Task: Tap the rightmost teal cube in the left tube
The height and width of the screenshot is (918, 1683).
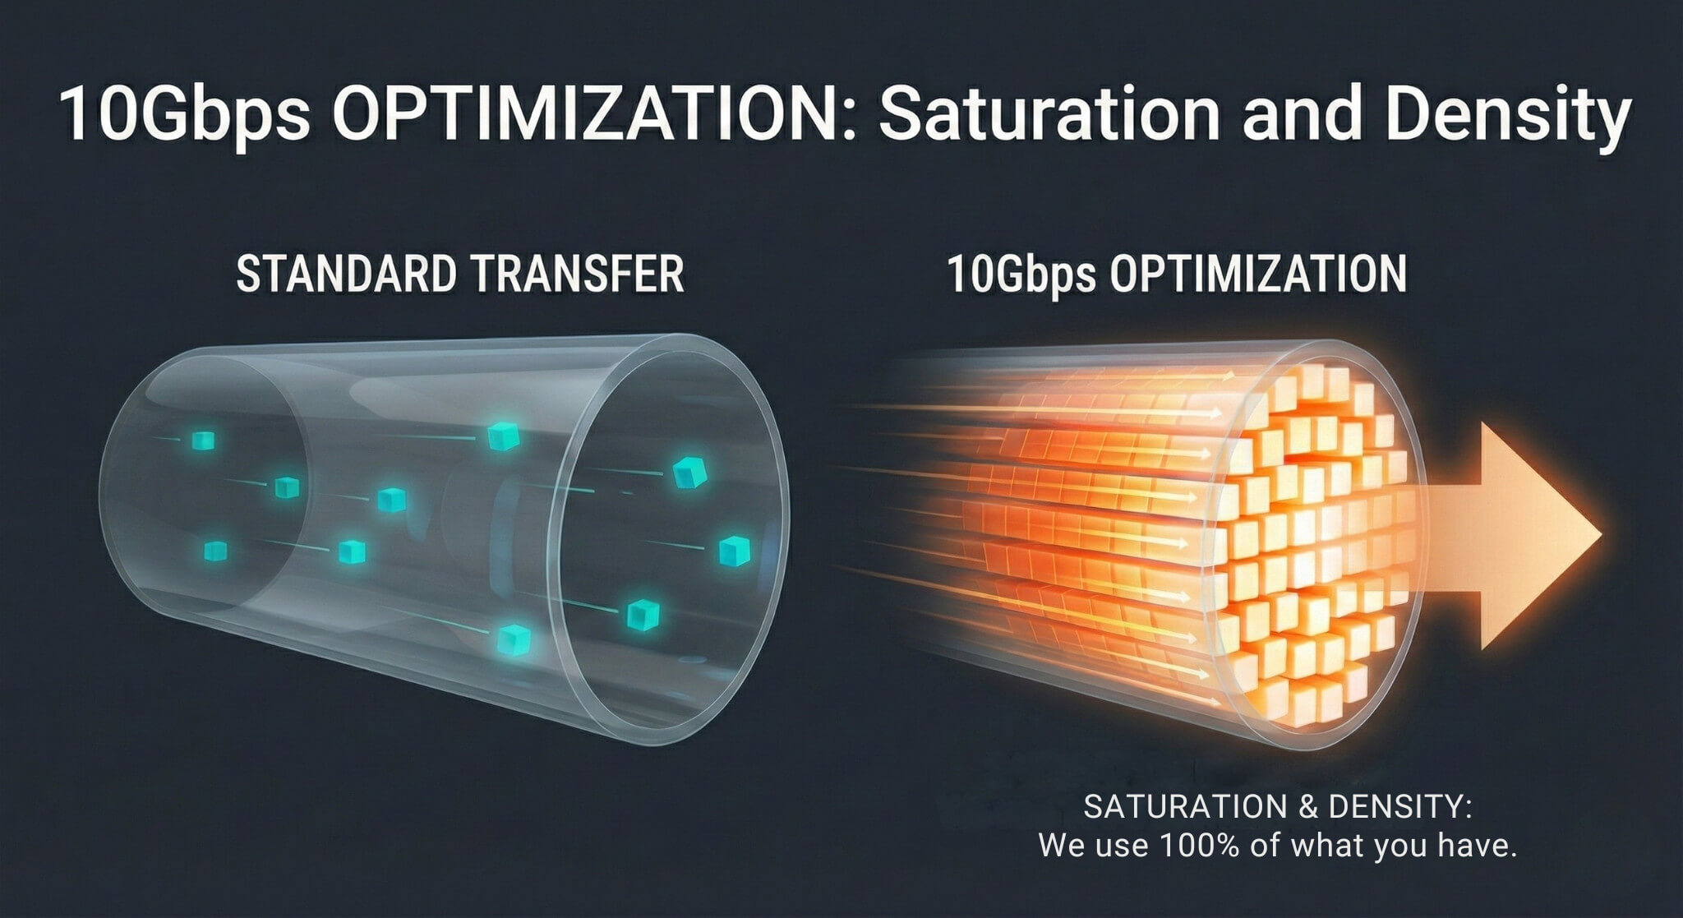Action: [734, 551]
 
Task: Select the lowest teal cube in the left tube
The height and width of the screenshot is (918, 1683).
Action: [514, 639]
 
